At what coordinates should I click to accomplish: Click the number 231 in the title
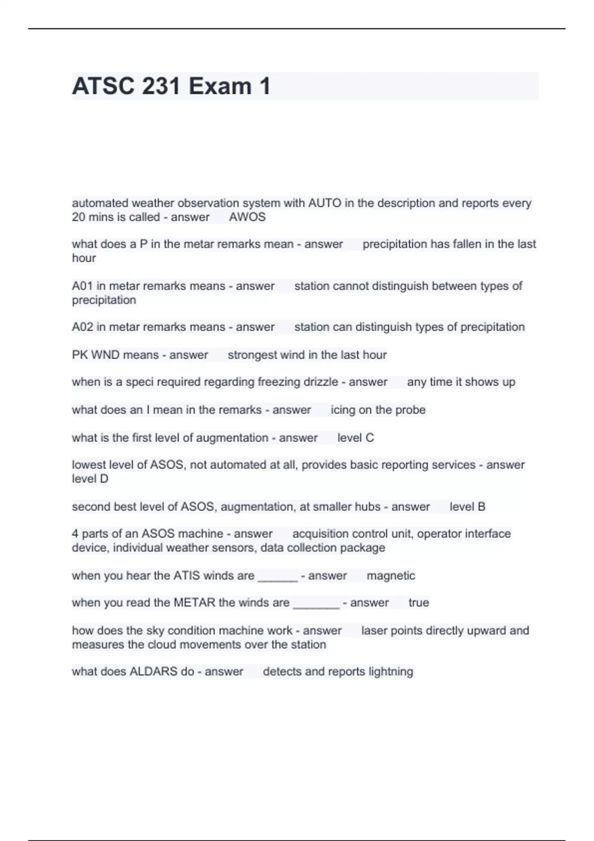(x=160, y=86)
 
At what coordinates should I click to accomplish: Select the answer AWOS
(x=247, y=217)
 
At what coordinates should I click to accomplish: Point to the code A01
(x=82, y=286)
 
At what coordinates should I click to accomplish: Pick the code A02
(x=82, y=327)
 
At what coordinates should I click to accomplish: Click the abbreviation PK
(x=80, y=355)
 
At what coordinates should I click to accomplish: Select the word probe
(x=410, y=410)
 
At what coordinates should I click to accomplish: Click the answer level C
(x=355, y=438)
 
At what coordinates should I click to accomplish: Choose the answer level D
(x=90, y=479)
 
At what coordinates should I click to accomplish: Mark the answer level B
(x=467, y=507)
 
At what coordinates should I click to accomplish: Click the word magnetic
(x=391, y=575)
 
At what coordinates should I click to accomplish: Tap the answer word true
(x=418, y=603)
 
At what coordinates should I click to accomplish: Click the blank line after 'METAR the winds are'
(x=316, y=605)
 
